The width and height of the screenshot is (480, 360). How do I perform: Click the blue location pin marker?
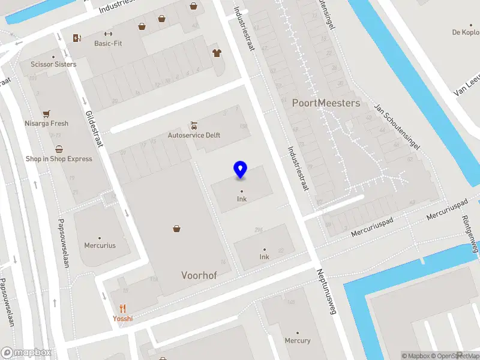coord(240,170)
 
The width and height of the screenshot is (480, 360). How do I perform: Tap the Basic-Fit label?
coord(108,44)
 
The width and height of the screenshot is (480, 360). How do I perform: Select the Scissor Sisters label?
coord(53,64)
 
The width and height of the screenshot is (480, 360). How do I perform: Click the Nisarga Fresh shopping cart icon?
coord(46,113)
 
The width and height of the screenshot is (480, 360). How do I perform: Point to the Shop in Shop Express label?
coord(59,159)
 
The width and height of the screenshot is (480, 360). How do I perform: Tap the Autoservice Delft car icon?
coord(193,125)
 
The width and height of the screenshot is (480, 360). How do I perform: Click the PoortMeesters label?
coord(326,103)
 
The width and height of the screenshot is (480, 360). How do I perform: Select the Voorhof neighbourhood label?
coord(199,275)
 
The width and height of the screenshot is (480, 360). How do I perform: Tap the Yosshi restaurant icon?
coord(122,308)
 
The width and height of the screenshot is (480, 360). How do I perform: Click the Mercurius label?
coord(100,245)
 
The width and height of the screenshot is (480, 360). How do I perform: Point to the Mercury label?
coord(298,341)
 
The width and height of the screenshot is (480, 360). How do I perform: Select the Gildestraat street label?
coord(95,128)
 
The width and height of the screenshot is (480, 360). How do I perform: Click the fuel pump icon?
coord(77,38)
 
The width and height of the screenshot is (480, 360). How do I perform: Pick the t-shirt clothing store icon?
coord(217,53)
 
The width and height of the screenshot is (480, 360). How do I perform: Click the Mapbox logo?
coord(26,352)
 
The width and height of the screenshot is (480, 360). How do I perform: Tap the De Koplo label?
coord(466,32)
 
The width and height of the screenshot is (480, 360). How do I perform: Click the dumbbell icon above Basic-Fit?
coord(108,34)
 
